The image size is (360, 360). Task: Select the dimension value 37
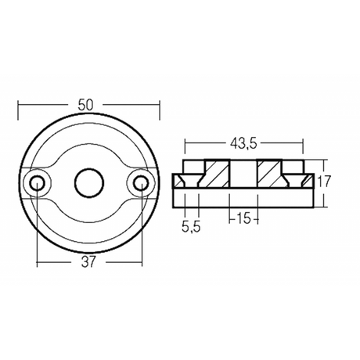(88, 262)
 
